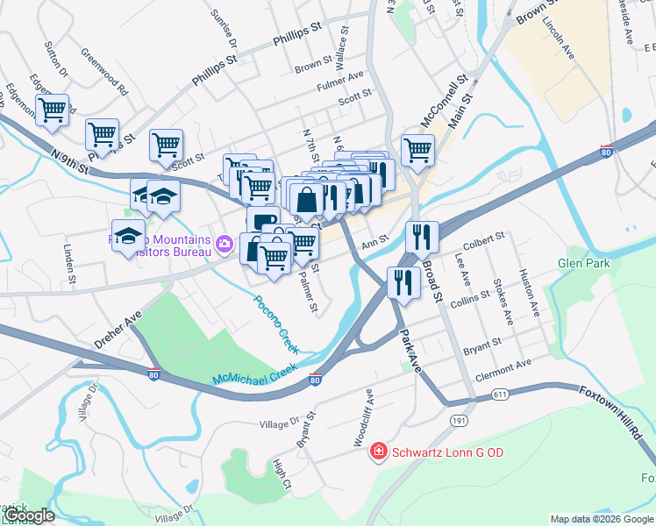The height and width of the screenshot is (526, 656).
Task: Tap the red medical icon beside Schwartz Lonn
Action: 378,451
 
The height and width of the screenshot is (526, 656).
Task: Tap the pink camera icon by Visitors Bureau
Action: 224,243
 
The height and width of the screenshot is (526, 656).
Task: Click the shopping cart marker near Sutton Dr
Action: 52,110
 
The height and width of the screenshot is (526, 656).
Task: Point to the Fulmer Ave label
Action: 340,82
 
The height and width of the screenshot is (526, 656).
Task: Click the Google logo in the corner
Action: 28,515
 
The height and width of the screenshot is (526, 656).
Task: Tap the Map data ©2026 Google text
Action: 601,519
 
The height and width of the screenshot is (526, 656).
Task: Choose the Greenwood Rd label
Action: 104,76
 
